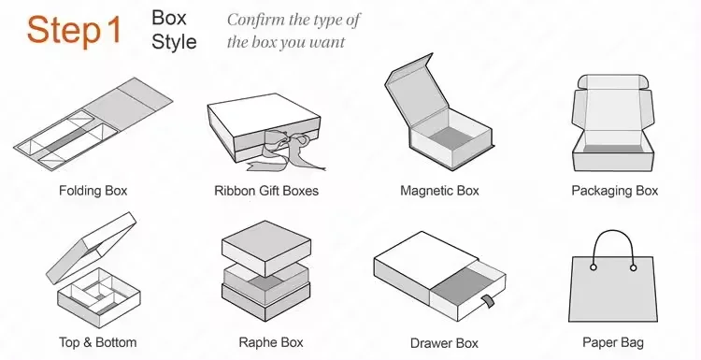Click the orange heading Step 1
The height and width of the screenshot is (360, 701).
coord(74,31)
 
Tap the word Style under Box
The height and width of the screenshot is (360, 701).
coord(174,41)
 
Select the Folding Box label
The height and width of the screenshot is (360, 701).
coord(93,191)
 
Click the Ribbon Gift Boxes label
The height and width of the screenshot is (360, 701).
coord(266,191)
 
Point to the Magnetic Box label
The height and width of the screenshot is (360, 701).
coord(439,191)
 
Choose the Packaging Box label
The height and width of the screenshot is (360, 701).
coord(615,191)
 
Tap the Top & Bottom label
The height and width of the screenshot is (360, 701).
coord(98,342)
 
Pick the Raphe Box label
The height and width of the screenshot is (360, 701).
coord(271,342)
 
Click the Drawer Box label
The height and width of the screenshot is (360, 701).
coord(444,343)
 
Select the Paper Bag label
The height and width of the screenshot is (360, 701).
coord(613,342)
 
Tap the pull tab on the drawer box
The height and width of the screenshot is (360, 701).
coord(488,300)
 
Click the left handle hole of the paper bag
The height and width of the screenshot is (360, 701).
coord(594,267)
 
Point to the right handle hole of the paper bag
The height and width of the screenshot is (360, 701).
coord(633,267)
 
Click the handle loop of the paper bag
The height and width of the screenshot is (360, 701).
coord(613,231)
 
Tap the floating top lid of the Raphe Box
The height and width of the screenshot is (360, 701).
coord(266,247)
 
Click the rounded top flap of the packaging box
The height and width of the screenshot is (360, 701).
coord(612,82)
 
